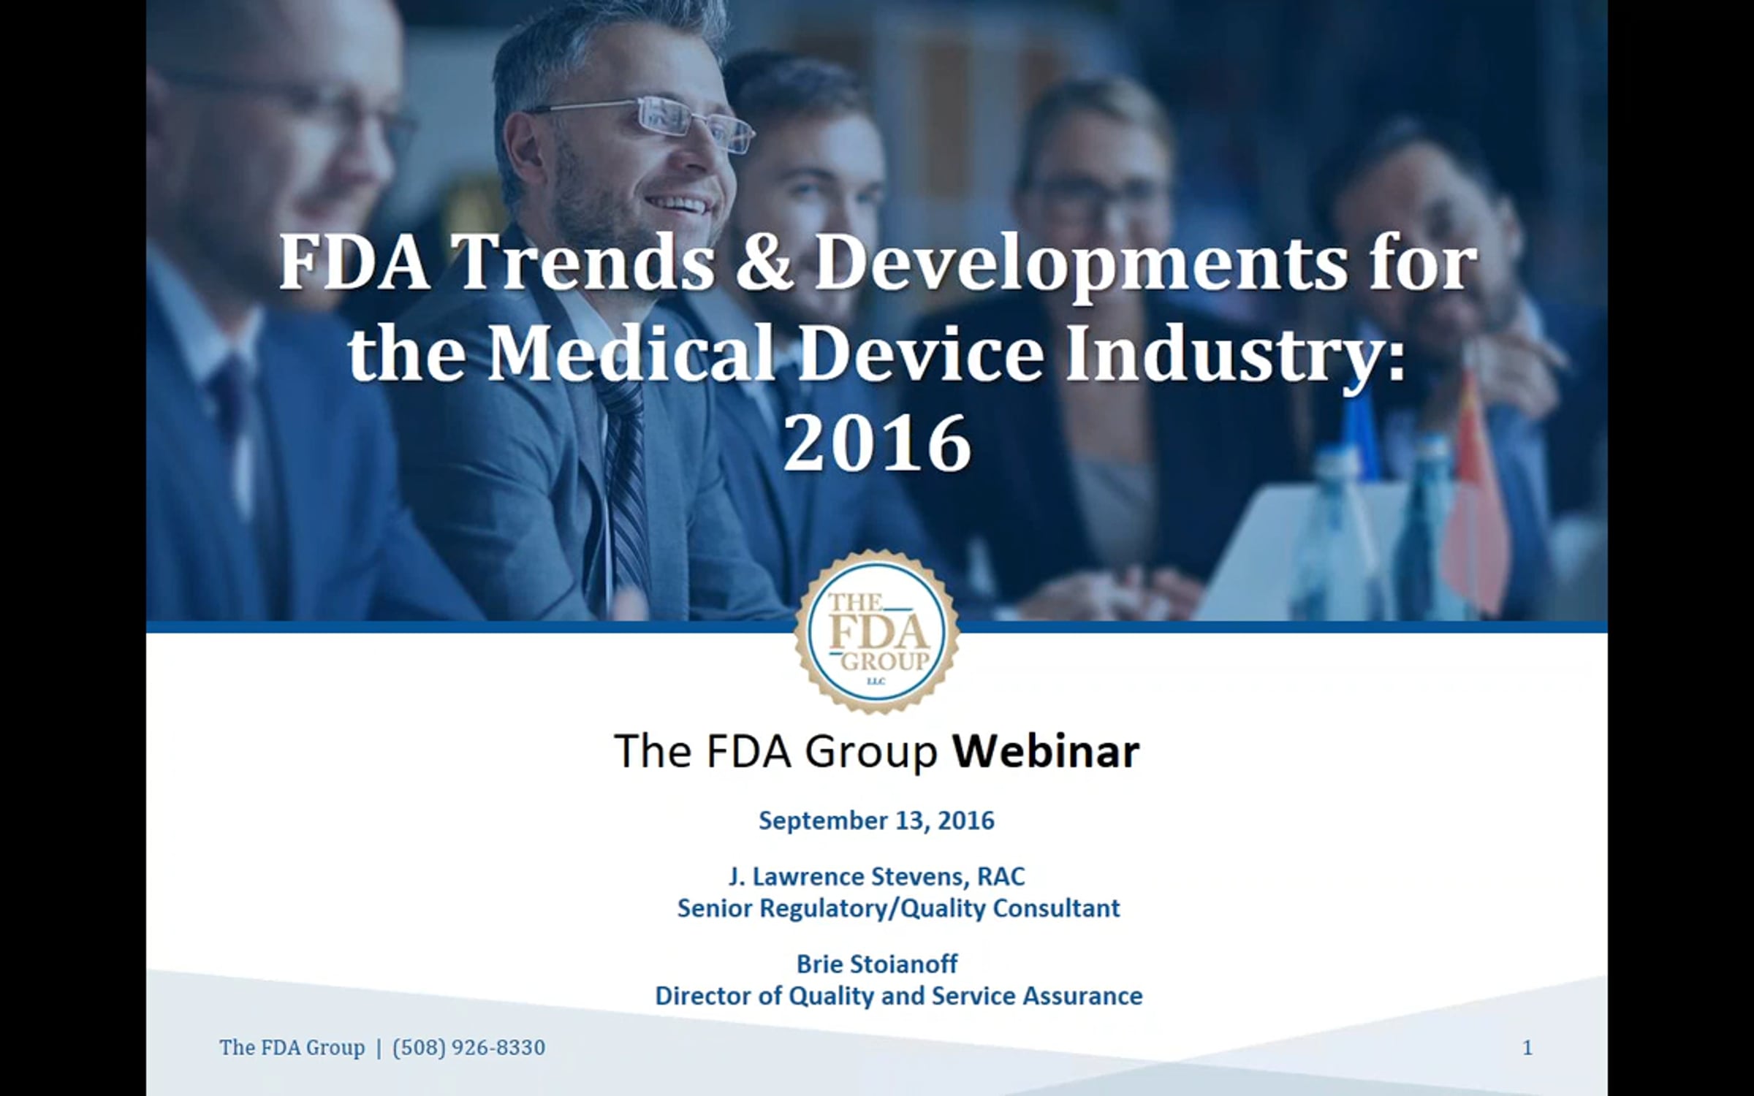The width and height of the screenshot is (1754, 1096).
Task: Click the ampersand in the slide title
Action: pos(764,263)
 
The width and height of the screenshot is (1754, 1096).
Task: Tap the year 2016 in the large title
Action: pos(877,442)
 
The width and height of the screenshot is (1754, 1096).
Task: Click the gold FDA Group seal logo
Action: pos(877,632)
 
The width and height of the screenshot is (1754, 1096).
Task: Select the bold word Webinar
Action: pos(1046,750)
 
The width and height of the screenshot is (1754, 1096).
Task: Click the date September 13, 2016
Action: pos(876,821)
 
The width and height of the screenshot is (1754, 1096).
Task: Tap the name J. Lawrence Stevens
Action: pos(848,876)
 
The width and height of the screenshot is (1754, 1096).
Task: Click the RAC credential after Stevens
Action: pos(1001,876)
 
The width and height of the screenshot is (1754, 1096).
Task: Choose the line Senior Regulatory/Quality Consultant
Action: pos(898,908)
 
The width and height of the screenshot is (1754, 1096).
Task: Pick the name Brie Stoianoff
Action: pos(877,964)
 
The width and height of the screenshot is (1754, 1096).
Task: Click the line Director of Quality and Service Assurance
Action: pos(898,996)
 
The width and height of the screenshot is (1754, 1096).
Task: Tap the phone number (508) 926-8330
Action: pos(468,1048)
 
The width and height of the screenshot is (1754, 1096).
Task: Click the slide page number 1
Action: pos(1527,1048)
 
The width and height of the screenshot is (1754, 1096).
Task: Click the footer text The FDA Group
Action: pos(292,1048)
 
